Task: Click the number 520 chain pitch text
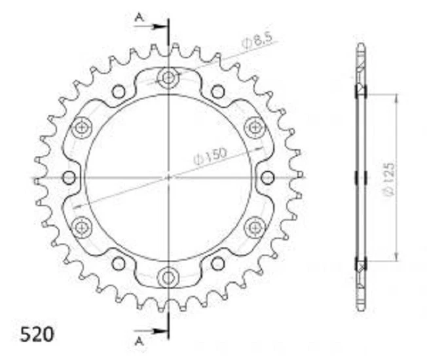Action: [28, 334]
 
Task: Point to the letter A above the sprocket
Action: [138, 18]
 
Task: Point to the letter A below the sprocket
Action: [138, 341]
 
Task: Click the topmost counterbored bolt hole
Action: [168, 78]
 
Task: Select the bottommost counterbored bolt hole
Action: [168, 275]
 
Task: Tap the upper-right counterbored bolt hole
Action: [253, 127]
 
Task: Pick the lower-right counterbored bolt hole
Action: [253, 226]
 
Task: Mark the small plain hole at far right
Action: [267, 177]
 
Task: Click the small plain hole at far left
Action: [69, 177]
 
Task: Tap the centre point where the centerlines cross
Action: [168, 177]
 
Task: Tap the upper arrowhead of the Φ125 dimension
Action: [396, 97]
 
